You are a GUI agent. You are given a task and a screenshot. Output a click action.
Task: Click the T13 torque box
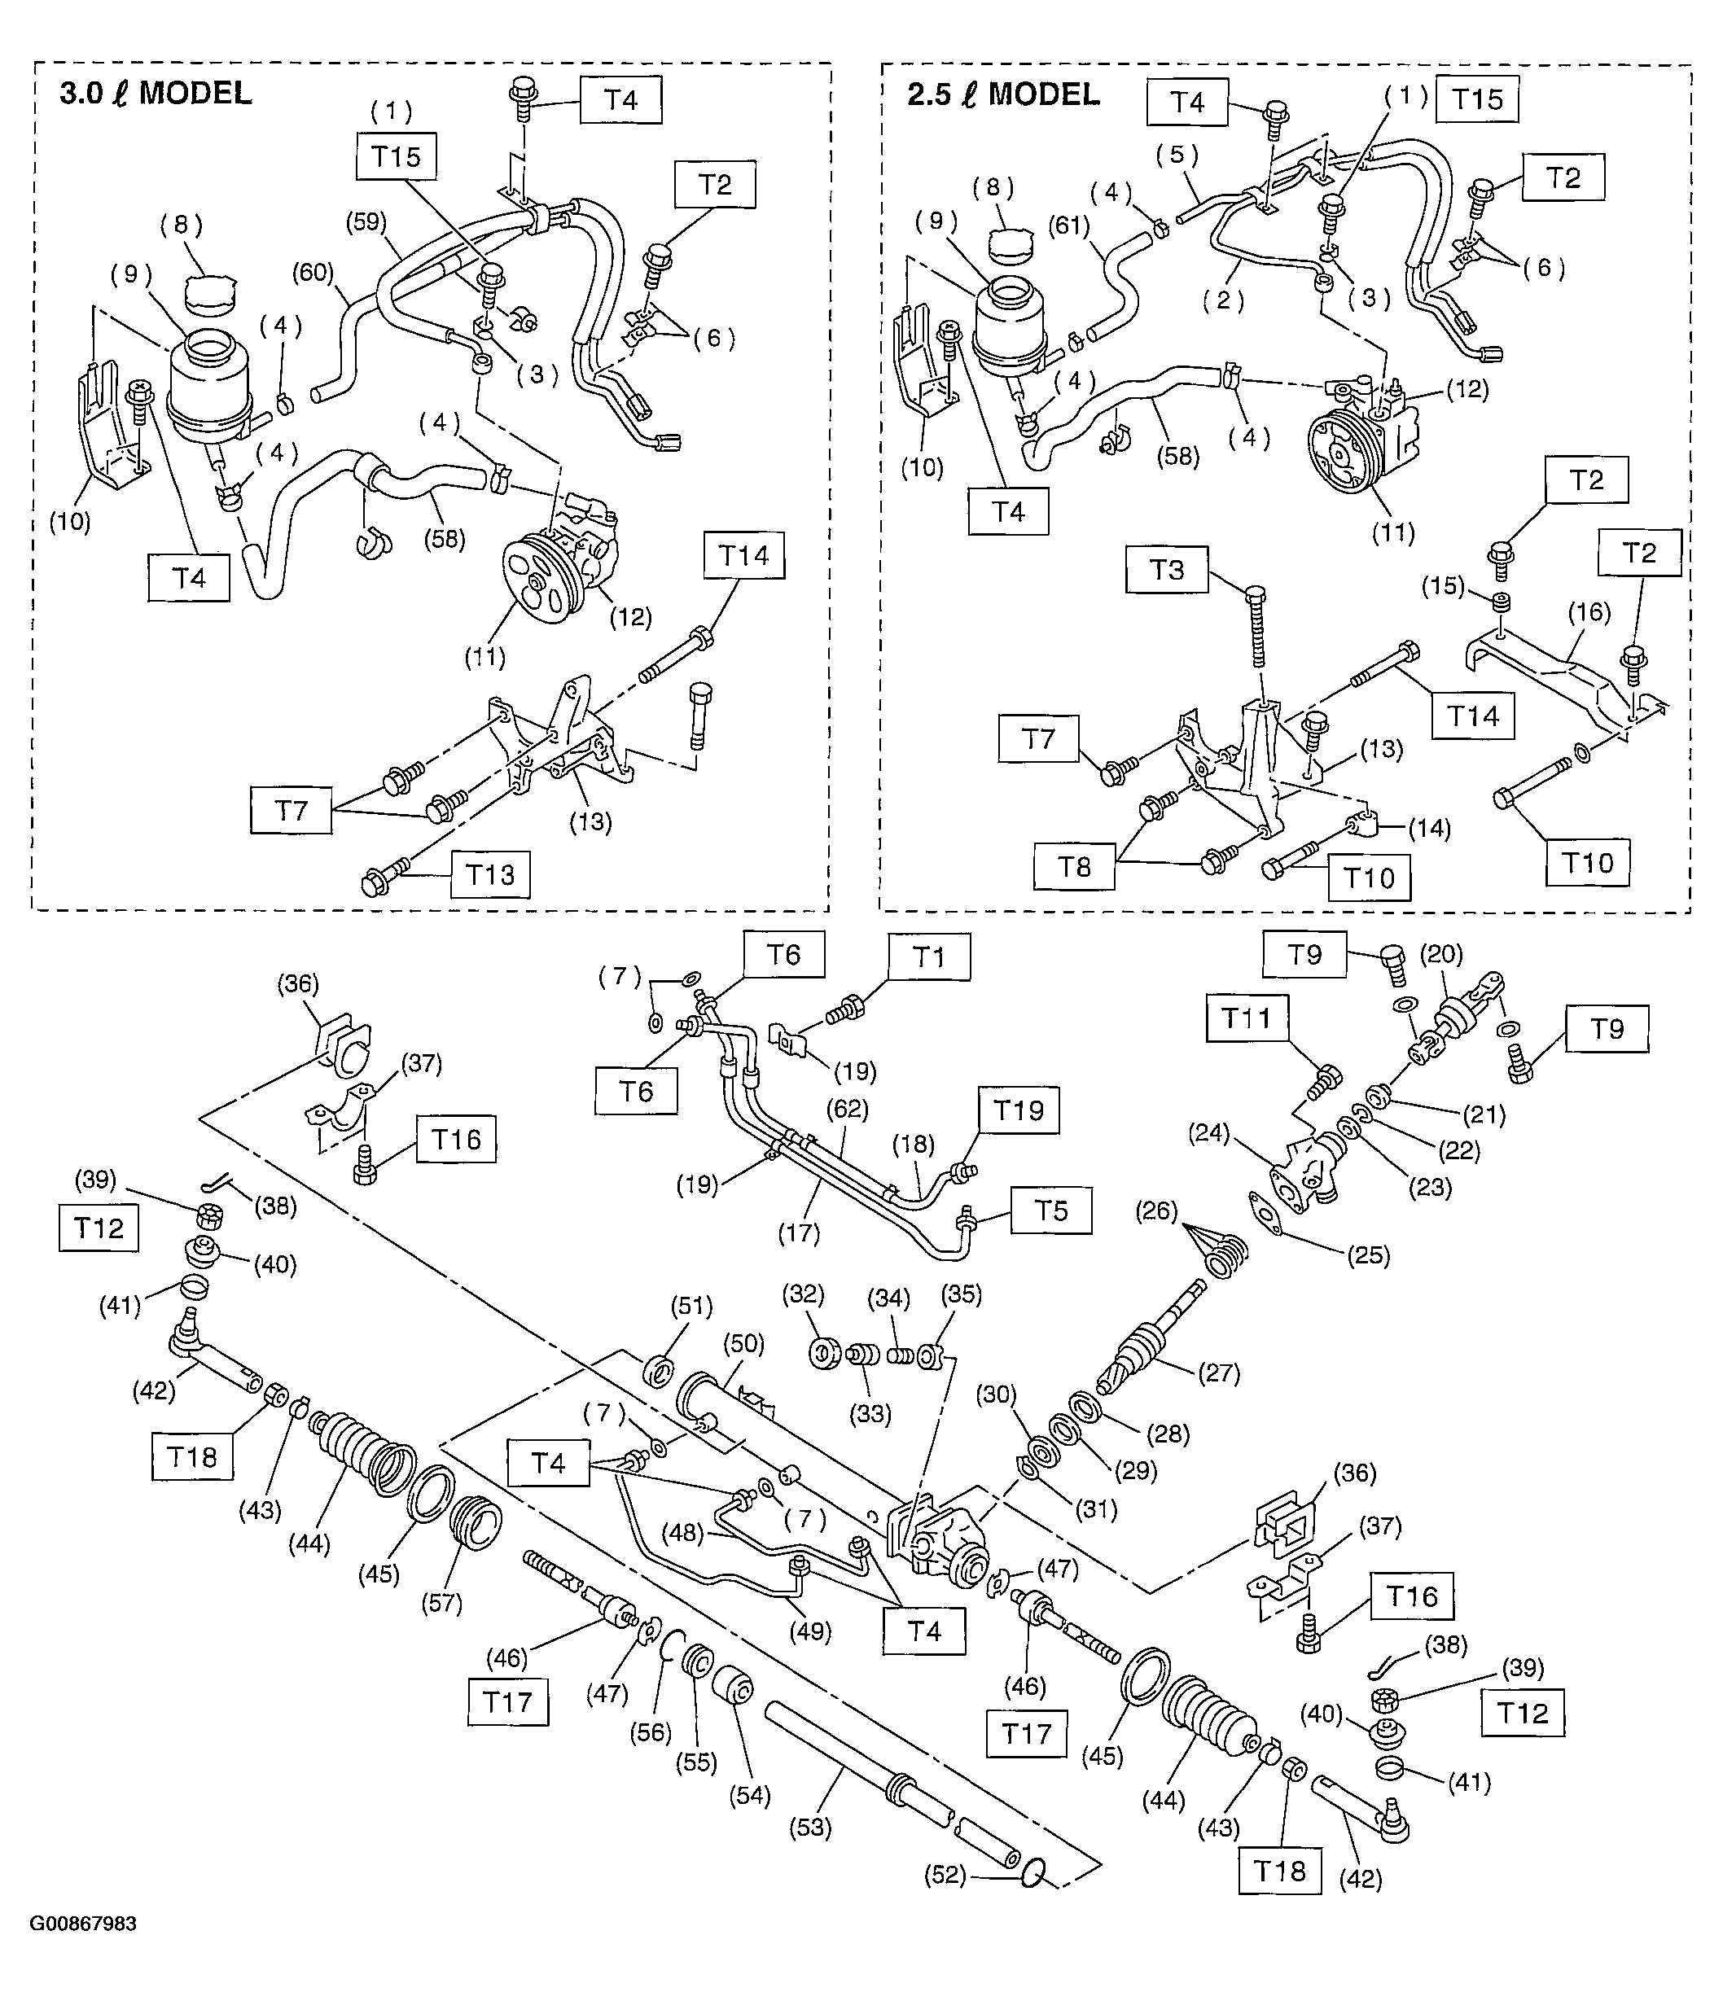tap(489, 874)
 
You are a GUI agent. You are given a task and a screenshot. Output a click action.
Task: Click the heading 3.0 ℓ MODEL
tap(156, 94)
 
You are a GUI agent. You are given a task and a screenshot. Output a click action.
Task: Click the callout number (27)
tap(1218, 1372)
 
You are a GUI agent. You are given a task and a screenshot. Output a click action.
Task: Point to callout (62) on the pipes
tap(847, 1109)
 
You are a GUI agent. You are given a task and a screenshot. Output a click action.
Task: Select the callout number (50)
tap(743, 1343)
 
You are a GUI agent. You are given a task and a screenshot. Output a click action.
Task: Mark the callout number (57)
tap(441, 1603)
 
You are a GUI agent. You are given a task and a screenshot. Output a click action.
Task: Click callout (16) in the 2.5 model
tap(1589, 611)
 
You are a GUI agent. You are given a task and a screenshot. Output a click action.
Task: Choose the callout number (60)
tap(313, 273)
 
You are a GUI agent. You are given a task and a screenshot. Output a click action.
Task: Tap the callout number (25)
tap(1367, 1254)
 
